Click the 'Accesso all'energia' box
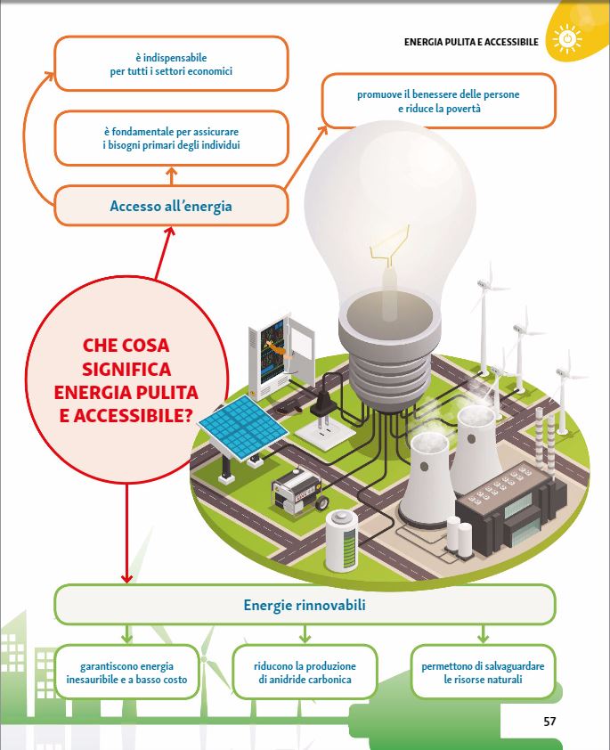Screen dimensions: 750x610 coord(171,207)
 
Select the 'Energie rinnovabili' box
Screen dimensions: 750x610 coord(305,606)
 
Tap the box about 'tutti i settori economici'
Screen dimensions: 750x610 coord(171,65)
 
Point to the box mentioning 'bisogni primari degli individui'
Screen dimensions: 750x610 coord(171,139)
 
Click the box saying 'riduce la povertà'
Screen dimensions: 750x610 coord(438,101)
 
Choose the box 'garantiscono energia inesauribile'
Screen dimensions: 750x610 coord(126,673)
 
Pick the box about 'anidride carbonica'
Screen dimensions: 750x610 coord(305,673)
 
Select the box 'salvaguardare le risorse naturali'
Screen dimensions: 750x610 coord(483,673)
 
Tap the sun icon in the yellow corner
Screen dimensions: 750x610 coord(566,40)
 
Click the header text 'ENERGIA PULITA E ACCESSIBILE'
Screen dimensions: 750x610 coord(471,41)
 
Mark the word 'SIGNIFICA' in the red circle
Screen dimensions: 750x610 coord(126,369)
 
